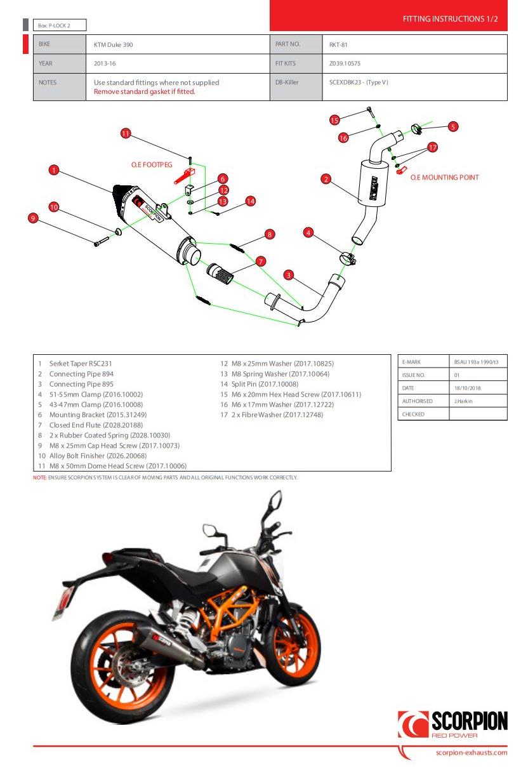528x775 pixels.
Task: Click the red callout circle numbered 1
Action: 54,170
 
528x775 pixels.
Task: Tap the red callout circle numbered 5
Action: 452,126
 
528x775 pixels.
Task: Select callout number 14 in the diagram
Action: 250,201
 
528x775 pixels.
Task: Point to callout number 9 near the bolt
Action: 33,218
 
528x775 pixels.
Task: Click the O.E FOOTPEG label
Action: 152,164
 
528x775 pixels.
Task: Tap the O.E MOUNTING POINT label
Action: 444,178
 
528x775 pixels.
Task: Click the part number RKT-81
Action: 338,44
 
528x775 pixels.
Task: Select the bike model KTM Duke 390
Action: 114,44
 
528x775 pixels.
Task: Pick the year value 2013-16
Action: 105,63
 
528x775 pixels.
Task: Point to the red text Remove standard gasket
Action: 144,91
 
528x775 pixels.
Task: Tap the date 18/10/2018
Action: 468,388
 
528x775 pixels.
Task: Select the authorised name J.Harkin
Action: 463,401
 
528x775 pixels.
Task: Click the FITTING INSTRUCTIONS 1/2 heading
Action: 450,19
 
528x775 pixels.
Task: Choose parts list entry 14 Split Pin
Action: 264,384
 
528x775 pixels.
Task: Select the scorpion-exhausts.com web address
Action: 472,753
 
